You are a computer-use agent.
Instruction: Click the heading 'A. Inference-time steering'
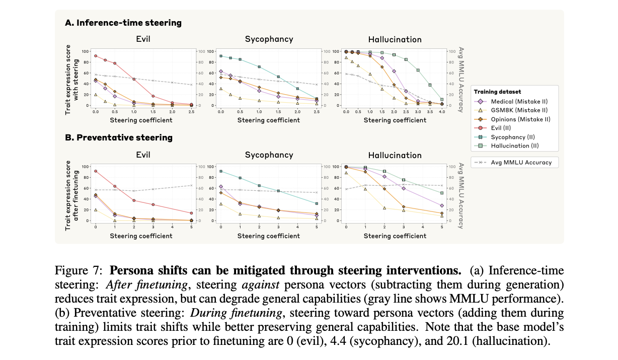coord(123,23)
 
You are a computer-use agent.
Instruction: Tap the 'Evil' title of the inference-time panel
coord(143,39)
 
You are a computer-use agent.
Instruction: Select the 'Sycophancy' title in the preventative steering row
coord(269,155)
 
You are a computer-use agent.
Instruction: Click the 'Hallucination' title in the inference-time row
coord(395,39)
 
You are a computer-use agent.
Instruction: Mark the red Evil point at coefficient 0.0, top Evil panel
coord(95,56)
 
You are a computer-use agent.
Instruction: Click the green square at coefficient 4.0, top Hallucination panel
coord(442,100)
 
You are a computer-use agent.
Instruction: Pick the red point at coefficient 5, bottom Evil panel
coord(191,213)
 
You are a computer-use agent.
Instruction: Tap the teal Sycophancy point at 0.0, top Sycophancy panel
coord(221,56)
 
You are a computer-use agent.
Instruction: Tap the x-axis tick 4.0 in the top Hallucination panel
coord(442,112)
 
